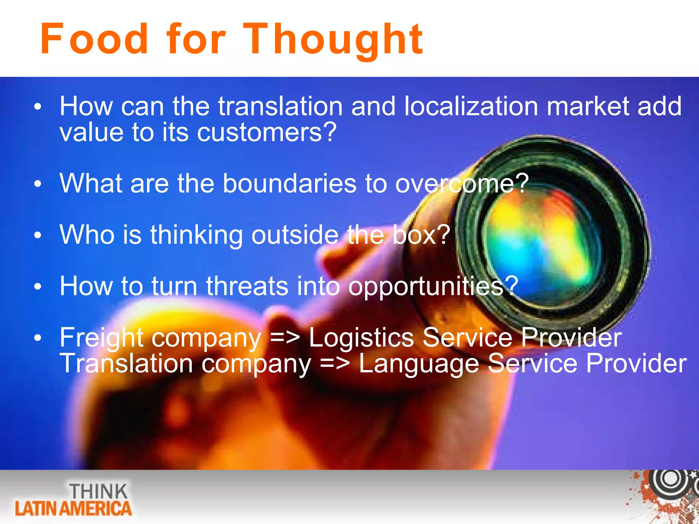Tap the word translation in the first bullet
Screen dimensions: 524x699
(x=280, y=106)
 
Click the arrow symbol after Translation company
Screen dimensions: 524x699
(x=335, y=364)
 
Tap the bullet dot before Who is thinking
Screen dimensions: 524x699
(x=38, y=235)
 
